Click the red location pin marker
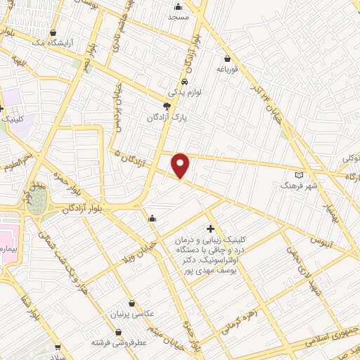point(181,165)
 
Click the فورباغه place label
point(227,69)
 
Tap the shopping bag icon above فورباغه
point(227,58)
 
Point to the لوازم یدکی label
point(184,92)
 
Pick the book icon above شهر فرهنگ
point(300,173)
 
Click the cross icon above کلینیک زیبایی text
point(210,229)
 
